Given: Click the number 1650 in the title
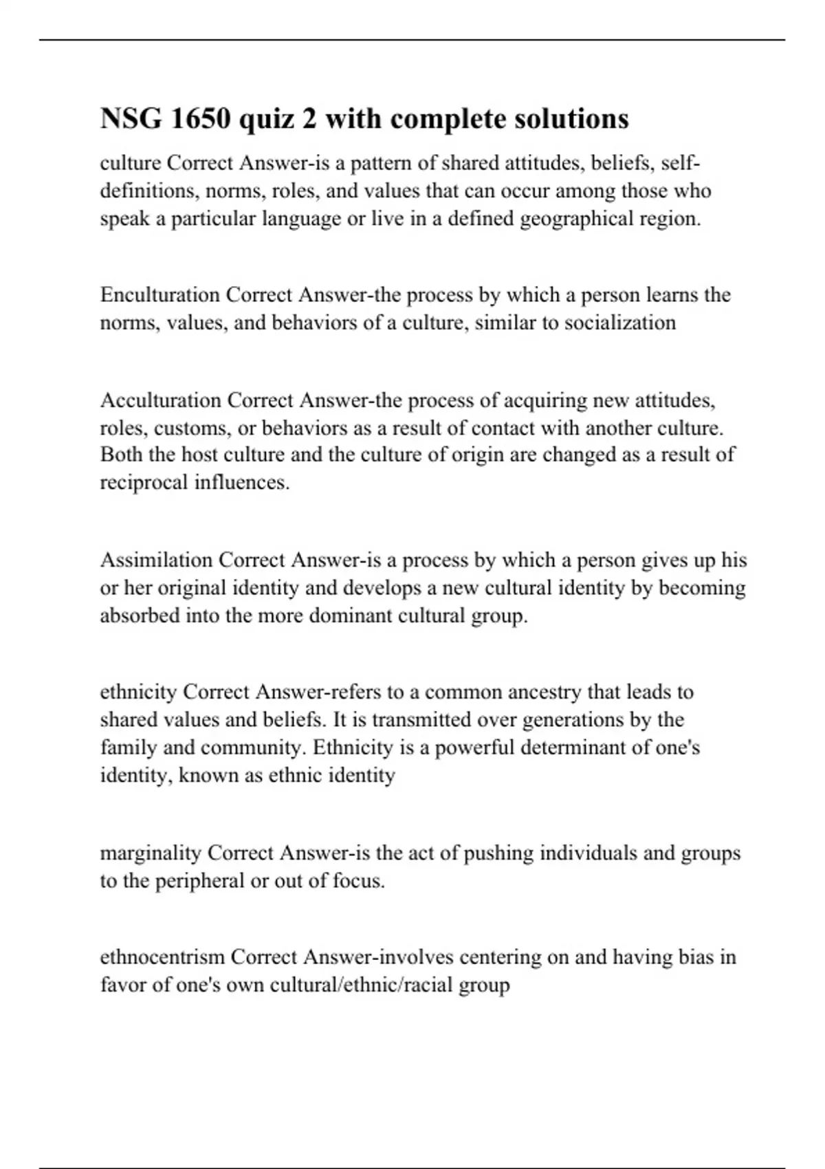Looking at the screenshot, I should click(x=200, y=119).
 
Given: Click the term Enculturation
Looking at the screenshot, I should click(x=160, y=295).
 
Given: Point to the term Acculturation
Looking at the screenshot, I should click(x=160, y=400).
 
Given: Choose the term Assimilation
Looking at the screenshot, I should click(x=157, y=560).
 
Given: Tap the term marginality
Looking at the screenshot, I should click(x=151, y=853).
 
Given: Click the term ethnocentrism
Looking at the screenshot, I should click(x=162, y=957).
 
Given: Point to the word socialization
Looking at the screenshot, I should click(x=619, y=323).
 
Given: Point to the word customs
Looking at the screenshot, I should click(x=192, y=428).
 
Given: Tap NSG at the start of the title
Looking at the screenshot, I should click(x=126, y=119).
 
